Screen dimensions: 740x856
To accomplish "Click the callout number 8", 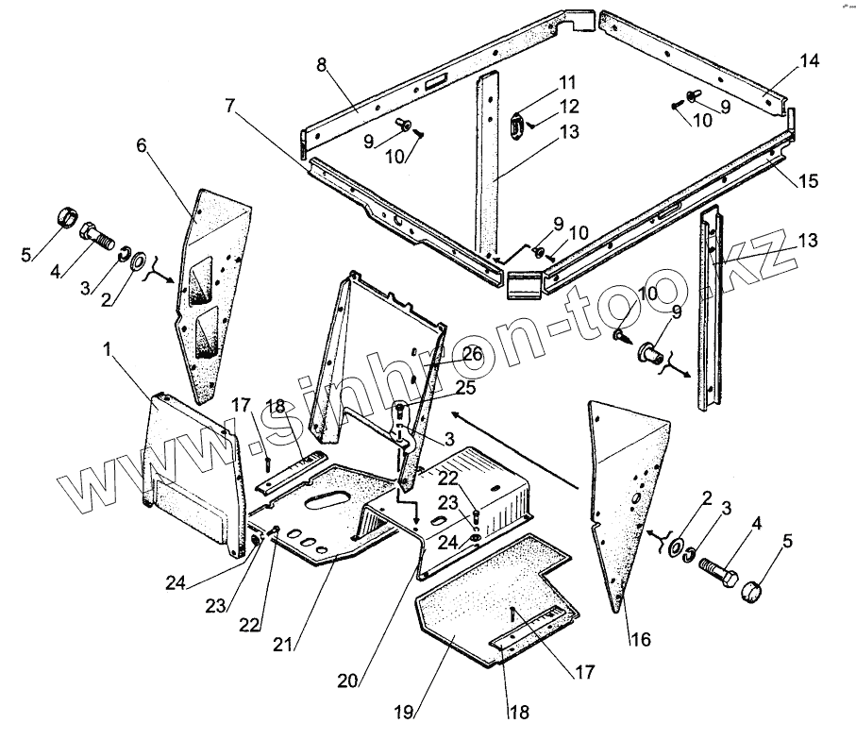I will point(322,66).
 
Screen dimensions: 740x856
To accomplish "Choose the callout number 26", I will point(472,355).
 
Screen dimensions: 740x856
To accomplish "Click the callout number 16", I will point(639,640).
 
